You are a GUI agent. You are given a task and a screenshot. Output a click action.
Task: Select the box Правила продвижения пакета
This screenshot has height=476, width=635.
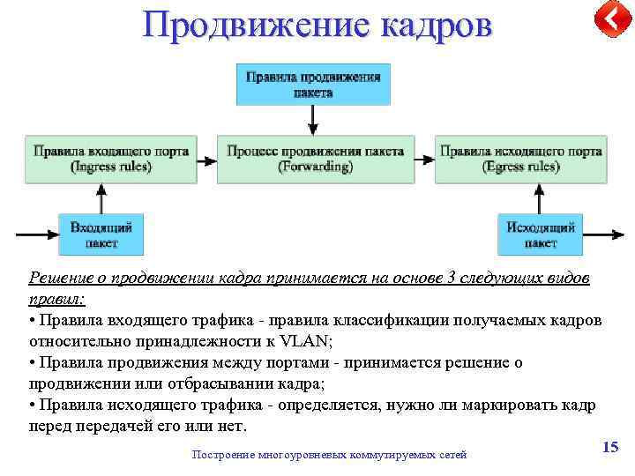313,85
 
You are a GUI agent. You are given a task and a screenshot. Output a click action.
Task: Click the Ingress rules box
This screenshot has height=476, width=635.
111,159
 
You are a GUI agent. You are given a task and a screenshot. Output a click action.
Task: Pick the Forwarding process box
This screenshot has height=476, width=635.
315,159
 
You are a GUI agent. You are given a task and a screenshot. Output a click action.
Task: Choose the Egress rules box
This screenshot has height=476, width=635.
520,159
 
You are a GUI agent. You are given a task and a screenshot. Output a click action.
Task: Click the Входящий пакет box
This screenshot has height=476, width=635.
101,234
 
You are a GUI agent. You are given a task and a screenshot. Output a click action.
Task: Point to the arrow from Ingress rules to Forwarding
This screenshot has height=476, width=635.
205,160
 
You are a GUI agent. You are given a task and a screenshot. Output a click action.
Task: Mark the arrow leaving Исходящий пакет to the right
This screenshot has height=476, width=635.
603,235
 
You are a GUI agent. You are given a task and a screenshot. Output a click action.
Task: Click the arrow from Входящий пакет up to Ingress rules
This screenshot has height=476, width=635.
101,198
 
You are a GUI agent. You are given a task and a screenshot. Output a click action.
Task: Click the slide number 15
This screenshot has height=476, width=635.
609,448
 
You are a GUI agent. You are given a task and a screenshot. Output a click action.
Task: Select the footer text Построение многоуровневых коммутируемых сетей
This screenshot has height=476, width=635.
328,455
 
